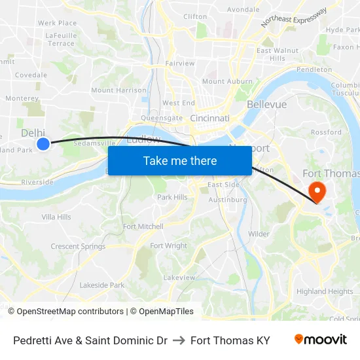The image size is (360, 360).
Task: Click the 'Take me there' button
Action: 180,161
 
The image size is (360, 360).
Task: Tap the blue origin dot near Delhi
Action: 43,143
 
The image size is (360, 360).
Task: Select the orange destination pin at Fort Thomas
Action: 317,191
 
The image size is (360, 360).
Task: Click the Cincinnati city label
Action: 209,118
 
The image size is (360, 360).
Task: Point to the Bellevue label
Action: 266,105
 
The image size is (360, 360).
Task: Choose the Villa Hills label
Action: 56,217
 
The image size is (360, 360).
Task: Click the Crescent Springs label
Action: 78,247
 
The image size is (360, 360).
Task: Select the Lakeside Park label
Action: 101,285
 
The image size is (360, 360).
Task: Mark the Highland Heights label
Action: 325,292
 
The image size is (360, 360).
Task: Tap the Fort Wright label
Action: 168,246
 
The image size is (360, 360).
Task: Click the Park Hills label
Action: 172,197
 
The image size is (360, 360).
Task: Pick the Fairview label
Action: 180,63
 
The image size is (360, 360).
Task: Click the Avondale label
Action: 243,10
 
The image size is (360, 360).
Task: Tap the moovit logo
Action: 320,340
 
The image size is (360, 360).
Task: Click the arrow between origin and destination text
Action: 178,340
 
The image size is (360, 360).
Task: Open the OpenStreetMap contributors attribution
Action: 70,312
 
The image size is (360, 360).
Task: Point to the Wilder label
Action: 259,234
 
